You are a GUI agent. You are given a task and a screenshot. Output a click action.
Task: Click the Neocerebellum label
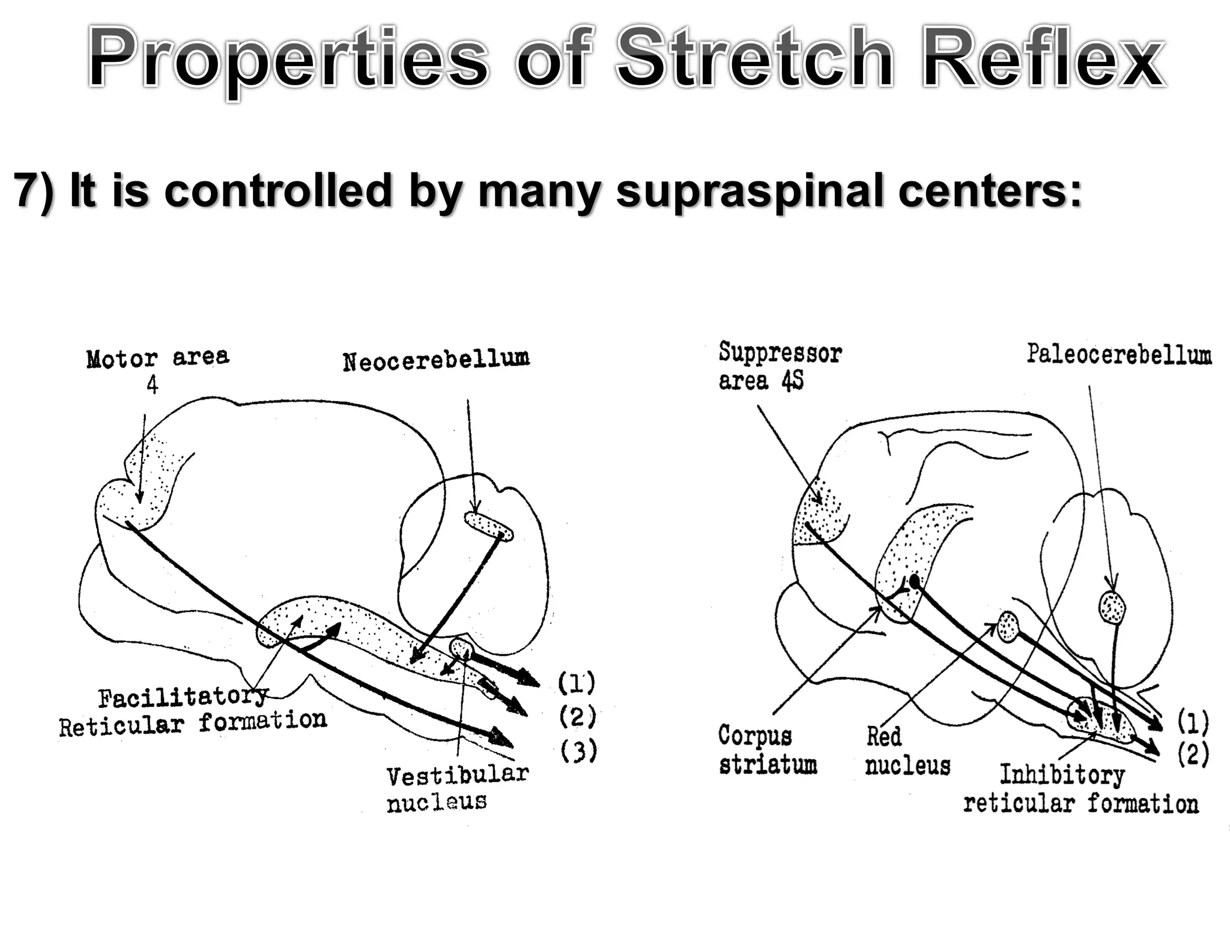click(x=436, y=360)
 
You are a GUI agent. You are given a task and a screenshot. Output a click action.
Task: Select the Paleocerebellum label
click(x=1118, y=354)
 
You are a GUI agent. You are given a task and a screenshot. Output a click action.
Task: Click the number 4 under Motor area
click(x=152, y=385)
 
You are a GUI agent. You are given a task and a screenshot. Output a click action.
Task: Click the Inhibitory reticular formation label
click(x=1080, y=789)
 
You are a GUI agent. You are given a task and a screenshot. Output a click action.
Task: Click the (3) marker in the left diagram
click(x=578, y=751)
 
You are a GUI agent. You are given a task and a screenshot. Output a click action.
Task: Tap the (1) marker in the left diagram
click(x=576, y=682)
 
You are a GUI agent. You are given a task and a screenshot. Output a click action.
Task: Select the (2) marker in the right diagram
click(x=1192, y=754)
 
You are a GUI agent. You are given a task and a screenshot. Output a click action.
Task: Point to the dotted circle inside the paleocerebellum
click(x=1112, y=608)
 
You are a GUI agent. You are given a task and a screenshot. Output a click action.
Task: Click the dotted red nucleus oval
click(x=1008, y=627)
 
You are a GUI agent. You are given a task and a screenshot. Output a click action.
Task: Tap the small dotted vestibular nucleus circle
click(x=461, y=647)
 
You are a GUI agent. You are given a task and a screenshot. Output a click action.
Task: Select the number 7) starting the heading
click(x=33, y=191)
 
